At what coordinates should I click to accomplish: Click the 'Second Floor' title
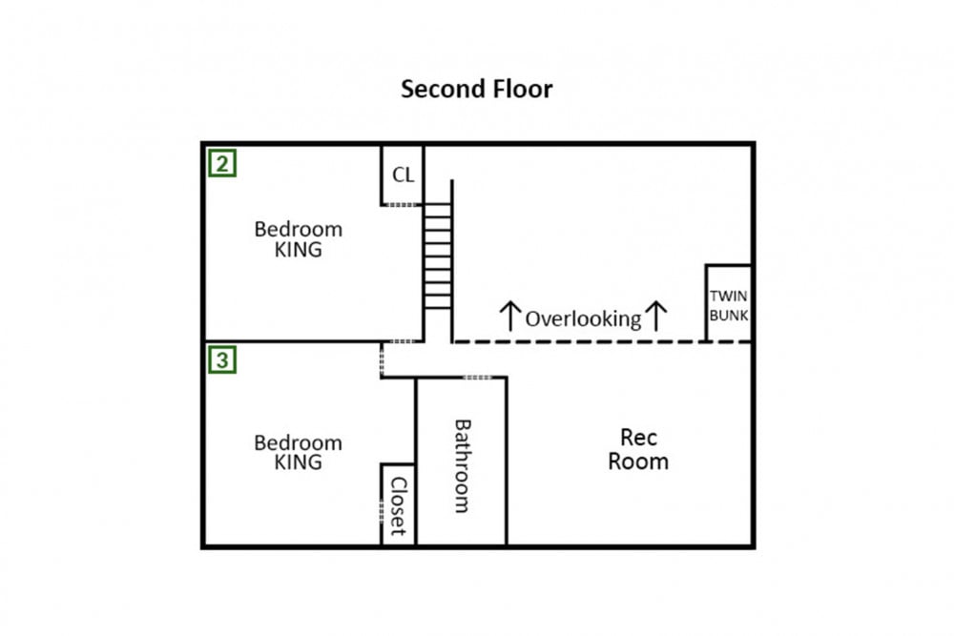click(476, 89)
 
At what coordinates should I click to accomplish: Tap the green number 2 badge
click(222, 164)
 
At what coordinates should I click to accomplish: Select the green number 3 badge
click(222, 359)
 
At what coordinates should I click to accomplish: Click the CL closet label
click(403, 175)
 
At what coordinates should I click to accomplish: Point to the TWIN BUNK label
click(728, 306)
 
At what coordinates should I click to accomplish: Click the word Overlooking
click(583, 319)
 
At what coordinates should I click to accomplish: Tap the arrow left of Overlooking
click(509, 316)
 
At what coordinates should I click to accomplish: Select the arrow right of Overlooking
click(656, 316)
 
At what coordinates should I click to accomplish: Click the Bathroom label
click(463, 465)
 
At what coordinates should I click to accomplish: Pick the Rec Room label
click(638, 449)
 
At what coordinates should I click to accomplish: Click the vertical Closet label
click(398, 506)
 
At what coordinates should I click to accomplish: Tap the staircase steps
click(438, 256)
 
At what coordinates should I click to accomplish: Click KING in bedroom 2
click(298, 249)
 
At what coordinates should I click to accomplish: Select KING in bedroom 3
click(298, 462)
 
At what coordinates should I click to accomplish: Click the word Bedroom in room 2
click(298, 229)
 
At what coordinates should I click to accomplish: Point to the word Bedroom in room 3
click(298, 442)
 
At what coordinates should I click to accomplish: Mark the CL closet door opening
click(402, 205)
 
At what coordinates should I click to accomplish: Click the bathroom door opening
click(478, 378)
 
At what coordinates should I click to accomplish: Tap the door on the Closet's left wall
click(382, 511)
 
